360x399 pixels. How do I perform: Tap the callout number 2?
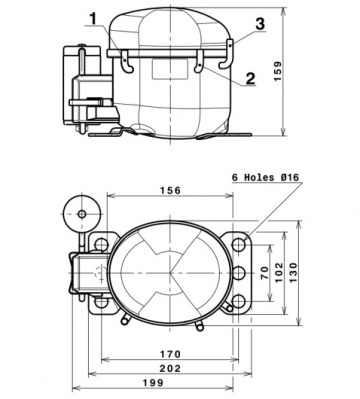pyautogui.click(x=250, y=76)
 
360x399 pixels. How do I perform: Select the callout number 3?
pyautogui.click(x=259, y=22)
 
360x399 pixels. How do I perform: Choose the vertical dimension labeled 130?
pyautogui.click(x=299, y=273)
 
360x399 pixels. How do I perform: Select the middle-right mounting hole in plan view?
pyautogui.click(x=238, y=273)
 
